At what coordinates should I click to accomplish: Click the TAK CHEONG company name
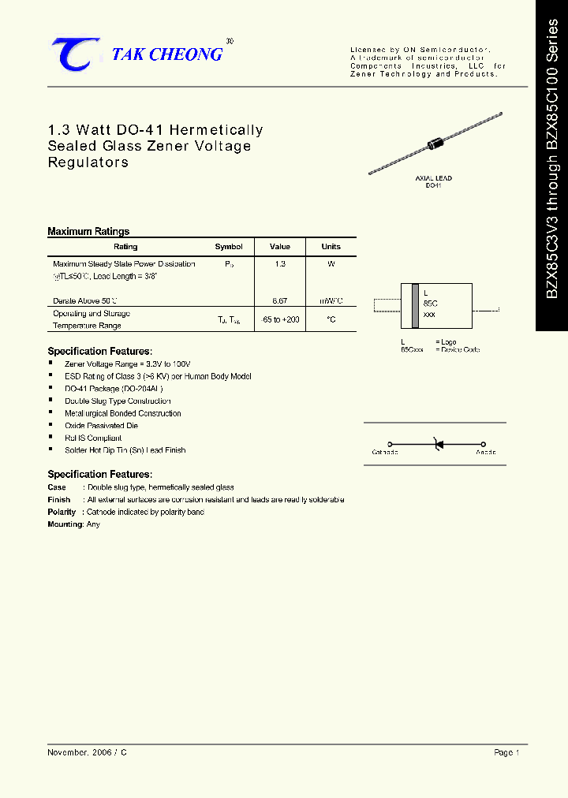click(167, 54)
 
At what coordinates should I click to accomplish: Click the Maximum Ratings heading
click(88, 232)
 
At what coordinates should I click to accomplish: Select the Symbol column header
click(229, 247)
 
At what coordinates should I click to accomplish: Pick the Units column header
click(331, 247)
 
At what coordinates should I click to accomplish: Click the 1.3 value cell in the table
click(280, 264)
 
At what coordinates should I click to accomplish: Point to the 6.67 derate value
click(280, 301)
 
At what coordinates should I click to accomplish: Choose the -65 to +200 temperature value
click(280, 319)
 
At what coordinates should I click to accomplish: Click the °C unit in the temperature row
click(331, 319)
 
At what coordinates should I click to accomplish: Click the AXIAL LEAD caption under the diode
click(433, 179)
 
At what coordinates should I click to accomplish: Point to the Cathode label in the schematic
click(385, 453)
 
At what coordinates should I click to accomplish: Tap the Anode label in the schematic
click(486, 453)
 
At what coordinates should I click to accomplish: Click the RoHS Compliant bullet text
click(93, 438)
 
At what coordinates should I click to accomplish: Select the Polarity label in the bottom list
click(62, 512)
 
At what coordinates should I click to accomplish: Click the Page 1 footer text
click(506, 753)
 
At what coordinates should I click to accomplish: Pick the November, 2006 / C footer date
click(87, 753)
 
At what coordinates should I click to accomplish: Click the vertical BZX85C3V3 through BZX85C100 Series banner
click(552, 166)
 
